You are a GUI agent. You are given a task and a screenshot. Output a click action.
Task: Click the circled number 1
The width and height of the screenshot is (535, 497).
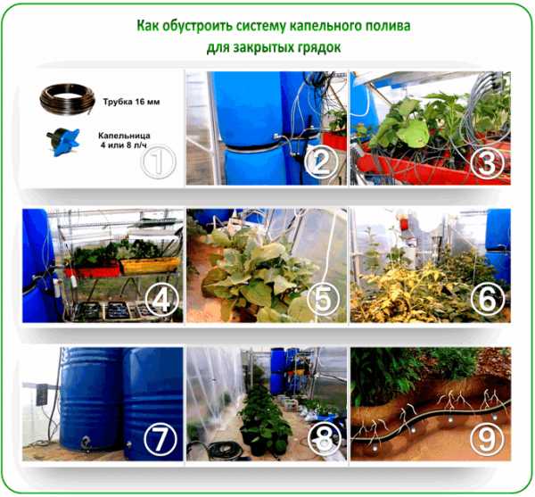(159, 162)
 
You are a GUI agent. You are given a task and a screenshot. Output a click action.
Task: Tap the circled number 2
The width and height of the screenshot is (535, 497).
(322, 162)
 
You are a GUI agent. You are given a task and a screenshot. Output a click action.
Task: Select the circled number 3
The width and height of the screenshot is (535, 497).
(487, 162)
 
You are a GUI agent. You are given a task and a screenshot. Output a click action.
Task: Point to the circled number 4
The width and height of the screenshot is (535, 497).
(162, 300)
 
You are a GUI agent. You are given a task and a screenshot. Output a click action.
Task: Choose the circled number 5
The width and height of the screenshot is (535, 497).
(323, 300)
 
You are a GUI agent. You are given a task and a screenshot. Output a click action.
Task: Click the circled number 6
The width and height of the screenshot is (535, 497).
(488, 300)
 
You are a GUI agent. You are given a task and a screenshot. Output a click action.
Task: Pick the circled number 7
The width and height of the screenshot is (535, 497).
(160, 439)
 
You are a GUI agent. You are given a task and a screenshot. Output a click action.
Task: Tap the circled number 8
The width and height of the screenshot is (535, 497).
(325, 439)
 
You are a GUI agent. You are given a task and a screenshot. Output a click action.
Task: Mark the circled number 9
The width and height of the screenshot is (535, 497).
(487, 439)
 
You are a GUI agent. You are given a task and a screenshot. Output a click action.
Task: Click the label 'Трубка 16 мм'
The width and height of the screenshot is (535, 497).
(131, 102)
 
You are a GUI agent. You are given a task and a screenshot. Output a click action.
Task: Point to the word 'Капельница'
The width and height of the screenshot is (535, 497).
(124, 136)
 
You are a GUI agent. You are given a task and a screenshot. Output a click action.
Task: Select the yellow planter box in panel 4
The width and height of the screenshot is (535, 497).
(150, 266)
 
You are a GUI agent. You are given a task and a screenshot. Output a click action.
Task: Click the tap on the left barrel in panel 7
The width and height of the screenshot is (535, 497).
(86, 443)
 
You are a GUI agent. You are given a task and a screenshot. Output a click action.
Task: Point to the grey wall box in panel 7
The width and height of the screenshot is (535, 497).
(42, 394)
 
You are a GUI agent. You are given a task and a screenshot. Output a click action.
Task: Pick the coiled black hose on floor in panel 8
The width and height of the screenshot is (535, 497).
(222, 451)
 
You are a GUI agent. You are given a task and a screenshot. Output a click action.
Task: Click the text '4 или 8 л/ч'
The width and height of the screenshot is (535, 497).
(124, 145)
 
